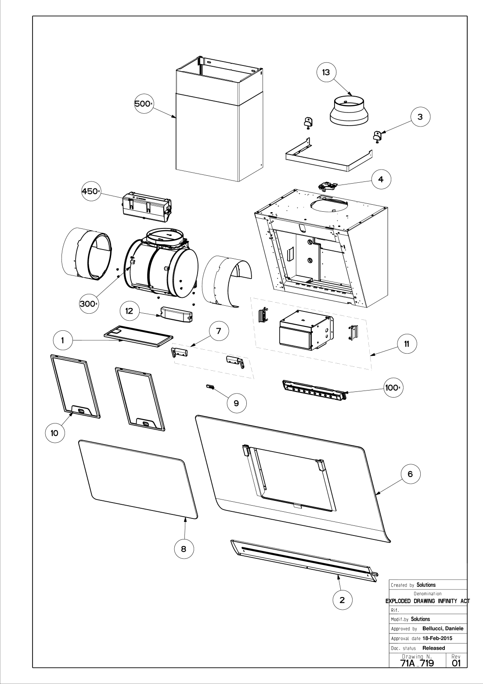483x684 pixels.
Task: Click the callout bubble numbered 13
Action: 326,73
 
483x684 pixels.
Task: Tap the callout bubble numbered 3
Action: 420,117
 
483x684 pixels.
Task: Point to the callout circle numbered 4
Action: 380,180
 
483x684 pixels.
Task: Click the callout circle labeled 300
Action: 88,304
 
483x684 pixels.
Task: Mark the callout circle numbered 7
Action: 218,331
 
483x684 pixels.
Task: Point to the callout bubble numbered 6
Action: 410,474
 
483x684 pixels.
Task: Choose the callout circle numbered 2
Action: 342,600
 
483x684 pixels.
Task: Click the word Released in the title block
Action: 433,648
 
